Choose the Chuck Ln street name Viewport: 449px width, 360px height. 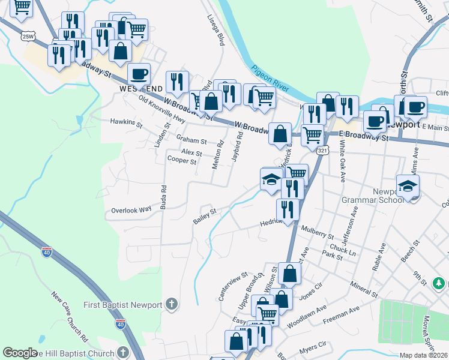click(343, 248)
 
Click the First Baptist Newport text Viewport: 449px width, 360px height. click(123, 305)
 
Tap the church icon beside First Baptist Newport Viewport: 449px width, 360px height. click(172, 304)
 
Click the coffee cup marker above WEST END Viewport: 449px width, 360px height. click(139, 74)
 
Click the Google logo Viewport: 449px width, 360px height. click(20, 353)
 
